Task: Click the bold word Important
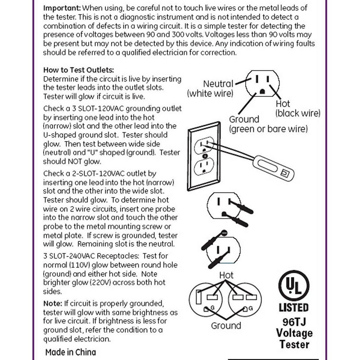pos(62,9)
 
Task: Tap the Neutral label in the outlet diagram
pos(218,84)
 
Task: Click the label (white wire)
pos(210,94)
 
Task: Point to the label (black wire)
pos(298,112)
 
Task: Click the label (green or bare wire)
pos(269,129)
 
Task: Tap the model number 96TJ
pos(294,322)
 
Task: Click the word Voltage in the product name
pos(294,333)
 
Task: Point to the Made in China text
pos(71,351)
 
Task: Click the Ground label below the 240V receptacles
pos(226,325)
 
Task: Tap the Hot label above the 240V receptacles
pos(226,274)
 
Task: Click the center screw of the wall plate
pos(205,156)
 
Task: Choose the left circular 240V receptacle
pos(210,299)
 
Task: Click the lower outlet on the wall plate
pos(205,168)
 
